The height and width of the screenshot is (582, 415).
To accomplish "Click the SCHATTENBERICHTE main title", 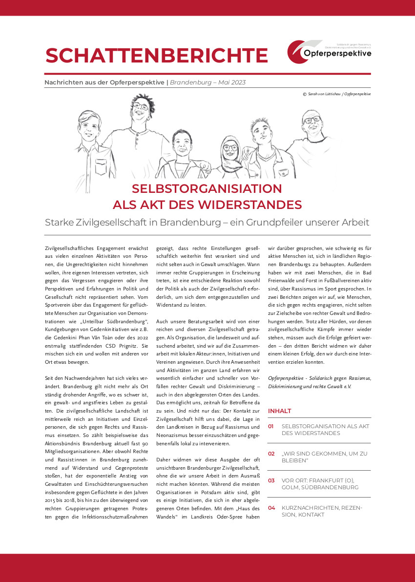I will coord(156,56).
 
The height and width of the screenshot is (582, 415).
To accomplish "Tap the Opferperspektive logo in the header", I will coord(329,52).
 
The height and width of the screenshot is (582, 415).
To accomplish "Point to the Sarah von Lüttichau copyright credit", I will coord(337,94).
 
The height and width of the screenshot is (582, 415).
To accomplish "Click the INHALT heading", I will coord(280,411).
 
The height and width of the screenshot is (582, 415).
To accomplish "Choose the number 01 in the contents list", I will coord(271,426).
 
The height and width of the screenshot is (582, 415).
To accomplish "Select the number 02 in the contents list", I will coord(271,454).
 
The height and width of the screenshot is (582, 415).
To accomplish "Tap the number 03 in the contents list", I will coord(271,480).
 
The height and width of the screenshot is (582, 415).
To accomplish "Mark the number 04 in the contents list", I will coord(271,508).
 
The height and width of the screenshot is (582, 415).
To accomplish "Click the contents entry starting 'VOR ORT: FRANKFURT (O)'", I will coord(320,484).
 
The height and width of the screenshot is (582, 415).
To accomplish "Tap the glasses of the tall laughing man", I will coord(141,106).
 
